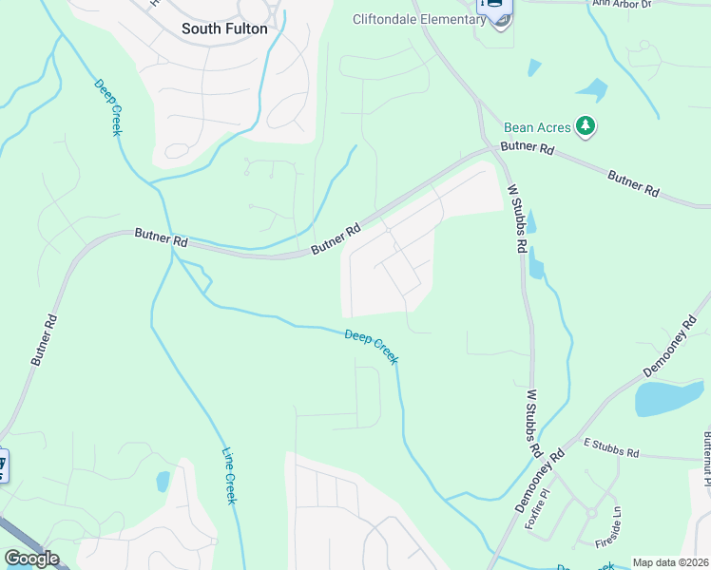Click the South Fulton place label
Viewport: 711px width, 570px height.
point(224,28)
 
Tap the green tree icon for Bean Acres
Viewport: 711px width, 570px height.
point(586,126)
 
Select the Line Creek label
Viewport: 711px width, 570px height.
point(228,475)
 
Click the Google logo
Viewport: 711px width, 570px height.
point(31,559)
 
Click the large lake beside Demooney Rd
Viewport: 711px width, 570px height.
point(668,397)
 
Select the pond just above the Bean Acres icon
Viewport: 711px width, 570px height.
point(590,91)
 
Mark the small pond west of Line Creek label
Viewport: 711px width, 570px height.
point(163,482)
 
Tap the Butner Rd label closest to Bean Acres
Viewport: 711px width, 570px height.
point(528,149)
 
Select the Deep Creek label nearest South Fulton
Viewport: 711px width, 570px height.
point(107,106)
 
